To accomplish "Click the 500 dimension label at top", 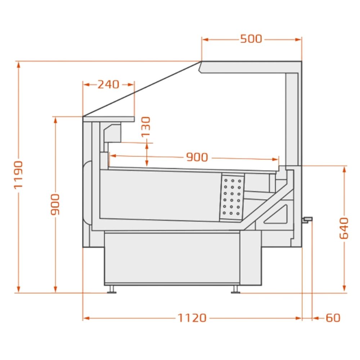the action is point(251,39).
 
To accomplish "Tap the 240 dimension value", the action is point(108,85).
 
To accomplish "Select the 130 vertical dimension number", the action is point(146,127).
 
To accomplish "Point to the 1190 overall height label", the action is point(18,175).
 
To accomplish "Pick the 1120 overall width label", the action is point(192,318).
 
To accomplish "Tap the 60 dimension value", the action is point(333,318).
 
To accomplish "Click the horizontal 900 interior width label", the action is point(197,157).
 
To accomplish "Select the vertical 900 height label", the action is point(55,204).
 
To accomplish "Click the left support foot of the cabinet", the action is point(112,289).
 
